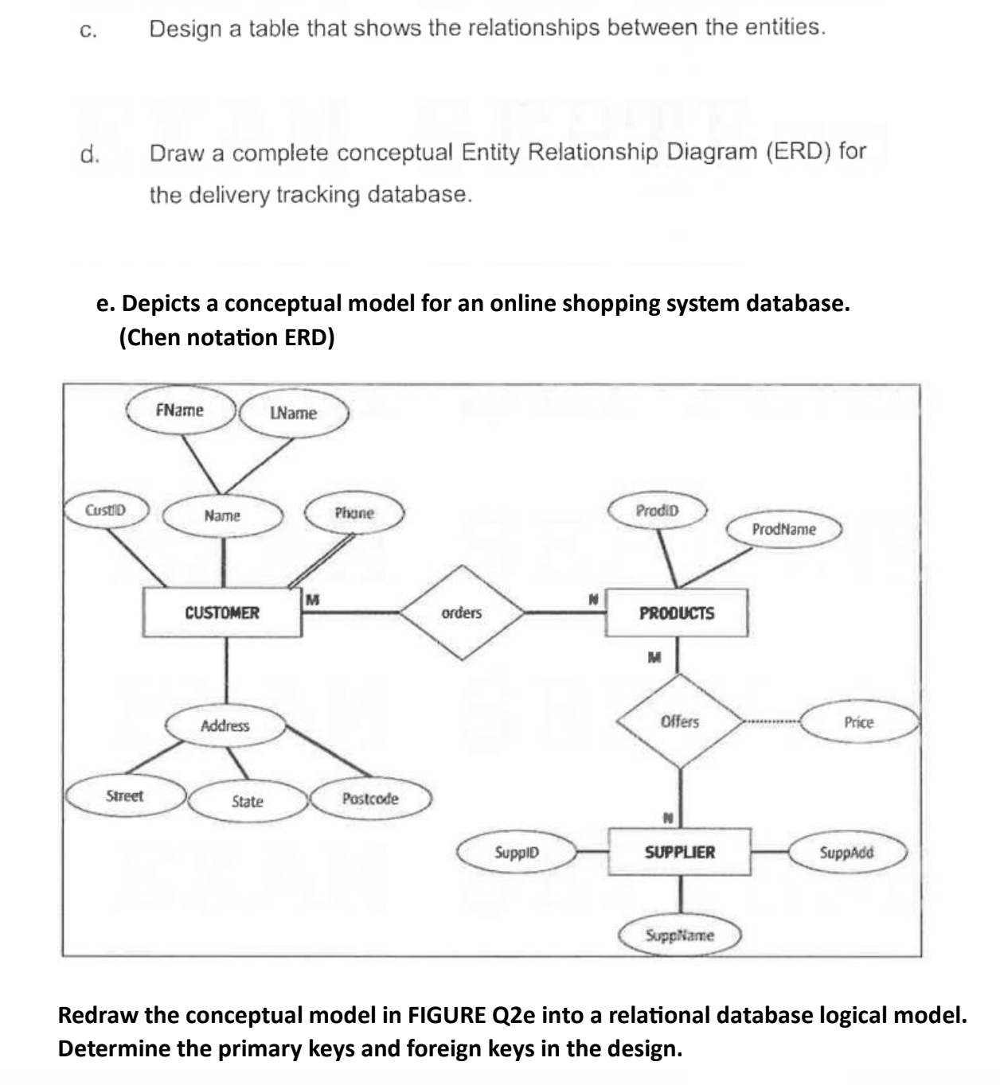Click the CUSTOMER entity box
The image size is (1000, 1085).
(222, 612)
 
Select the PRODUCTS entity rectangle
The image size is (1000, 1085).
(677, 613)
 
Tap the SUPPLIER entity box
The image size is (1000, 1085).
(679, 852)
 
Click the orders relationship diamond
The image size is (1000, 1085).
(462, 612)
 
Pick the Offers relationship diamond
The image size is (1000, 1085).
(680, 721)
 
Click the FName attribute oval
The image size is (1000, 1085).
(180, 410)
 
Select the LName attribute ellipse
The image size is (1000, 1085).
(293, 413)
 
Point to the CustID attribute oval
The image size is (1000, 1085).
(106, 509)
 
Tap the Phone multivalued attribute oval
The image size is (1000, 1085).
(354, 513)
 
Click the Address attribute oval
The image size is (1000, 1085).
(225, 725)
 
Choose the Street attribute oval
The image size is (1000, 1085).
(125, 796)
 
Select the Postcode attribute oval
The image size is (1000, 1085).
(370, 799)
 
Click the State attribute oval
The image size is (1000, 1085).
(247, 801)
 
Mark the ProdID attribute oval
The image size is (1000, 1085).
(658, 511)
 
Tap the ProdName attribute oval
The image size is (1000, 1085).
(783, 529)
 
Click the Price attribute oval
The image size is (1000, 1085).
(858, 722)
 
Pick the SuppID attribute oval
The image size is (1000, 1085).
(517, 852)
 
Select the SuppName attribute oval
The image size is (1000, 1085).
(680, 935)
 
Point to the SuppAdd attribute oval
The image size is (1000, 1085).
(846, 852)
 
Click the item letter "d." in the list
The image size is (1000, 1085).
(90, 154)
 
